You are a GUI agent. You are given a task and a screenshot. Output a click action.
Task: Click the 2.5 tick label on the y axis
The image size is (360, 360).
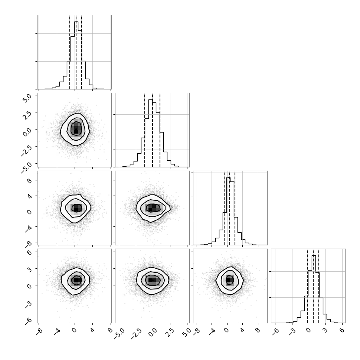pos(27,114)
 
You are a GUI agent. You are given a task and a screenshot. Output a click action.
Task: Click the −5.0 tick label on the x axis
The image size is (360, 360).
pos(120,334)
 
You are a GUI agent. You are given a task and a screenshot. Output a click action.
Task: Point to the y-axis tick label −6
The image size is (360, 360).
pos(28,321)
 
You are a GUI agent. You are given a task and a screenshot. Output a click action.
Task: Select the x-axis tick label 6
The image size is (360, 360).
pos(342,330)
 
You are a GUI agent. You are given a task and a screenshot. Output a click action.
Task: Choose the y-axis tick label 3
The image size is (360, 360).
pos(29,269)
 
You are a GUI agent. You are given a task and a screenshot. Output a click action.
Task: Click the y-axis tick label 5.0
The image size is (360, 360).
pos(27,97)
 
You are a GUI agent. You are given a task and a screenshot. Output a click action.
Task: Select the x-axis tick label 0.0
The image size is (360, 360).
pos(152,332)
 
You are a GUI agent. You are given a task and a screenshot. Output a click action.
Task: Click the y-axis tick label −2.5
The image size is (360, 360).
pos(26,150)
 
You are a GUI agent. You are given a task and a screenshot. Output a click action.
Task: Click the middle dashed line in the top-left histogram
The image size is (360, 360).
pos(76,52)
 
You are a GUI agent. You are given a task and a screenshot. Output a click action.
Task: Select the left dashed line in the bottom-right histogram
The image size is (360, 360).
pos(307,286)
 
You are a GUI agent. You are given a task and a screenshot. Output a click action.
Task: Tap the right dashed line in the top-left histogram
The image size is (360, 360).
pos(82,52)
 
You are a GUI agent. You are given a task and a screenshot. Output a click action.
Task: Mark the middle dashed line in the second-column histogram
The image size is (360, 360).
pos(153,130)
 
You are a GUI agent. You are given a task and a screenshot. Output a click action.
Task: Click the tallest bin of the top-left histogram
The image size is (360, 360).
pos(76,55)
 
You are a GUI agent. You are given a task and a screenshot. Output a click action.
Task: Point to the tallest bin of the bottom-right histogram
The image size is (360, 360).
pos(314,289)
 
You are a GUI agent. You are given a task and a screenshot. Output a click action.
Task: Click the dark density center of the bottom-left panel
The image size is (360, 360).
pos(76,280)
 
